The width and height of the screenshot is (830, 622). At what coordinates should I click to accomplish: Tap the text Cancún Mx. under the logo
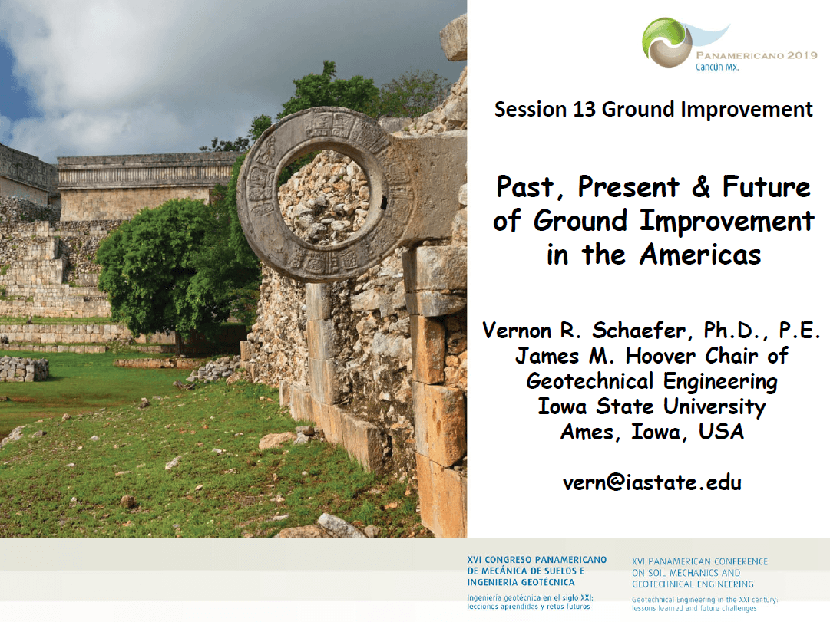(x=716, y=67)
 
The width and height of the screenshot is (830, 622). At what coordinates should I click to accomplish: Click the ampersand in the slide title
(x=701, y=186)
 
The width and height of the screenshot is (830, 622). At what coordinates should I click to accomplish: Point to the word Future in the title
(x=766, y=186)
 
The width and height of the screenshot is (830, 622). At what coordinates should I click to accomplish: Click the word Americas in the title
(x=699, y=255)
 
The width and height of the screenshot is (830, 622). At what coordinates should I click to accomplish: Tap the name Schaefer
(x=639, y=331)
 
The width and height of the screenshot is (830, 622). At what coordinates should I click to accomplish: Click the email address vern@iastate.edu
(x=652, y=482)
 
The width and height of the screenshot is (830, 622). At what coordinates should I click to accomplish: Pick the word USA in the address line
(x=721, y=432)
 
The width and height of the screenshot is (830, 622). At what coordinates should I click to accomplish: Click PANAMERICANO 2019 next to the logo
(x=757, y=55)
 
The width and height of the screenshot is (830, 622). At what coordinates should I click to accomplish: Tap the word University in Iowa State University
(x=714, y=406)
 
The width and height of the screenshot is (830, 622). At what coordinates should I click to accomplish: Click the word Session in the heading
(x=531, y=110)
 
